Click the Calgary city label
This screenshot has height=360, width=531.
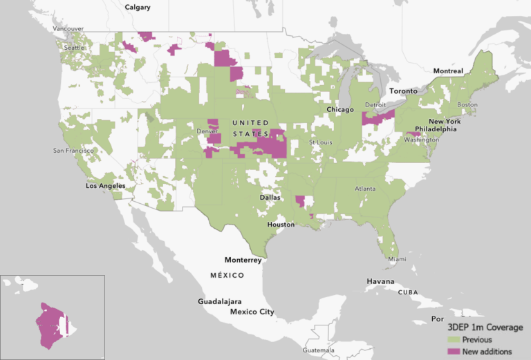tap(138, 7)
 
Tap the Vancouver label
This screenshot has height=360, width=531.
tap(68, 29)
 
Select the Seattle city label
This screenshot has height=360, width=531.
tap(74, 47)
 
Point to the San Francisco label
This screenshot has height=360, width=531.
tap(73, 150)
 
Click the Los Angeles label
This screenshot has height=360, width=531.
tap(105, 186)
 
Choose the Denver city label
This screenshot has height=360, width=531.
tap(207, 131)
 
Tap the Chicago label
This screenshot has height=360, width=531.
tap(340, 109)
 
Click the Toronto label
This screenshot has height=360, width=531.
tap(404, 91)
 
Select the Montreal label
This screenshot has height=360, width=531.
tap(448, 71)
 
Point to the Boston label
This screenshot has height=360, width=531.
tap(467, 105)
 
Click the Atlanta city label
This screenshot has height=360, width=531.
tap(365, 189)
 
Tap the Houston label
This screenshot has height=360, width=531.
tap(281, 225)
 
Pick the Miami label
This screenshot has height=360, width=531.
tap(397, 259)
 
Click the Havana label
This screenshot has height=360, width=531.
tap(381, 281)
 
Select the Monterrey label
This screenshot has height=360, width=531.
tap(243, 260)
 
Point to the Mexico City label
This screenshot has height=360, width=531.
tap(252, 312)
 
